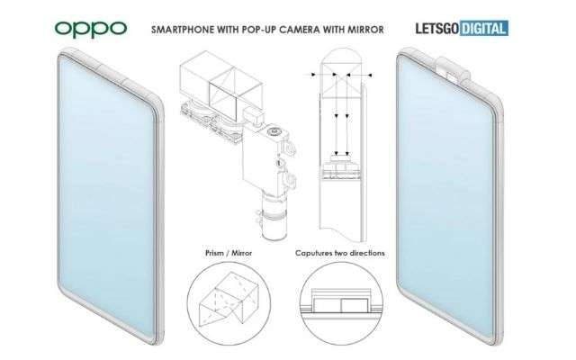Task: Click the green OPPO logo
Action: pos(91,30)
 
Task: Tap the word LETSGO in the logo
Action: pos(437,29)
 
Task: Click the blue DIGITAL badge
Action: pos(484,29)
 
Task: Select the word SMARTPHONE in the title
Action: pos(183,30)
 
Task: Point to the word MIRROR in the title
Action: pos(365,30)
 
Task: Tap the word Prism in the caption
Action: pos(214,253)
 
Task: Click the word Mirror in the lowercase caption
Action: pos(242,253)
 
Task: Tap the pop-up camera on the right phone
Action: pos(453,72)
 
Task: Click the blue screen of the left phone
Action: pos(106,198)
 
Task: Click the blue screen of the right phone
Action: pos(446,198)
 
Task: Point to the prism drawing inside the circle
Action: pos(229,299)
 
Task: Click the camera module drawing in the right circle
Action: pos(341,301)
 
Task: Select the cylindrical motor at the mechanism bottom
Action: pos(273,217)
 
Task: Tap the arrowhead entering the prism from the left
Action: pos(313,75)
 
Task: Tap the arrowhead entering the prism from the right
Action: pos(370,75)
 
